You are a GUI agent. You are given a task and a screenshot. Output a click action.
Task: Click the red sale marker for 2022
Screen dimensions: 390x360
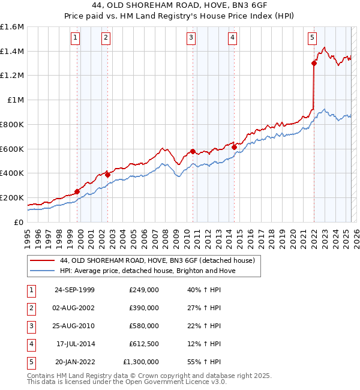point(314,63)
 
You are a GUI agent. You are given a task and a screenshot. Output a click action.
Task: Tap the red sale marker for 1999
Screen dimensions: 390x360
point(77,191)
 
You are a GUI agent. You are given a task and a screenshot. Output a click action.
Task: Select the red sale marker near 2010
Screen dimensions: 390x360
point(193,151)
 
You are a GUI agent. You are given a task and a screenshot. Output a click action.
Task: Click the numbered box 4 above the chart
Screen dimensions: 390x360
point(232,38)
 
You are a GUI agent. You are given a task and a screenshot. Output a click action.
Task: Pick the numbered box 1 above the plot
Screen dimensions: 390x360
point(76,38)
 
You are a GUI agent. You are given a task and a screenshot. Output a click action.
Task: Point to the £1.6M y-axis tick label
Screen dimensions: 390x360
point(12,27)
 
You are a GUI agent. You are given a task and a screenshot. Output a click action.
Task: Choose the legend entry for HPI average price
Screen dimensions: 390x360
point(148,271)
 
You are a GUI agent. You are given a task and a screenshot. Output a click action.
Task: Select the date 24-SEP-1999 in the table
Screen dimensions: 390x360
point(74,290)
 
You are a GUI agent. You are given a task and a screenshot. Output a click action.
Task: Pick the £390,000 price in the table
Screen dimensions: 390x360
point(144,308)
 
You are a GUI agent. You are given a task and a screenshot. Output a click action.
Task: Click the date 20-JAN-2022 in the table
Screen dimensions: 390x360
point(74,362)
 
